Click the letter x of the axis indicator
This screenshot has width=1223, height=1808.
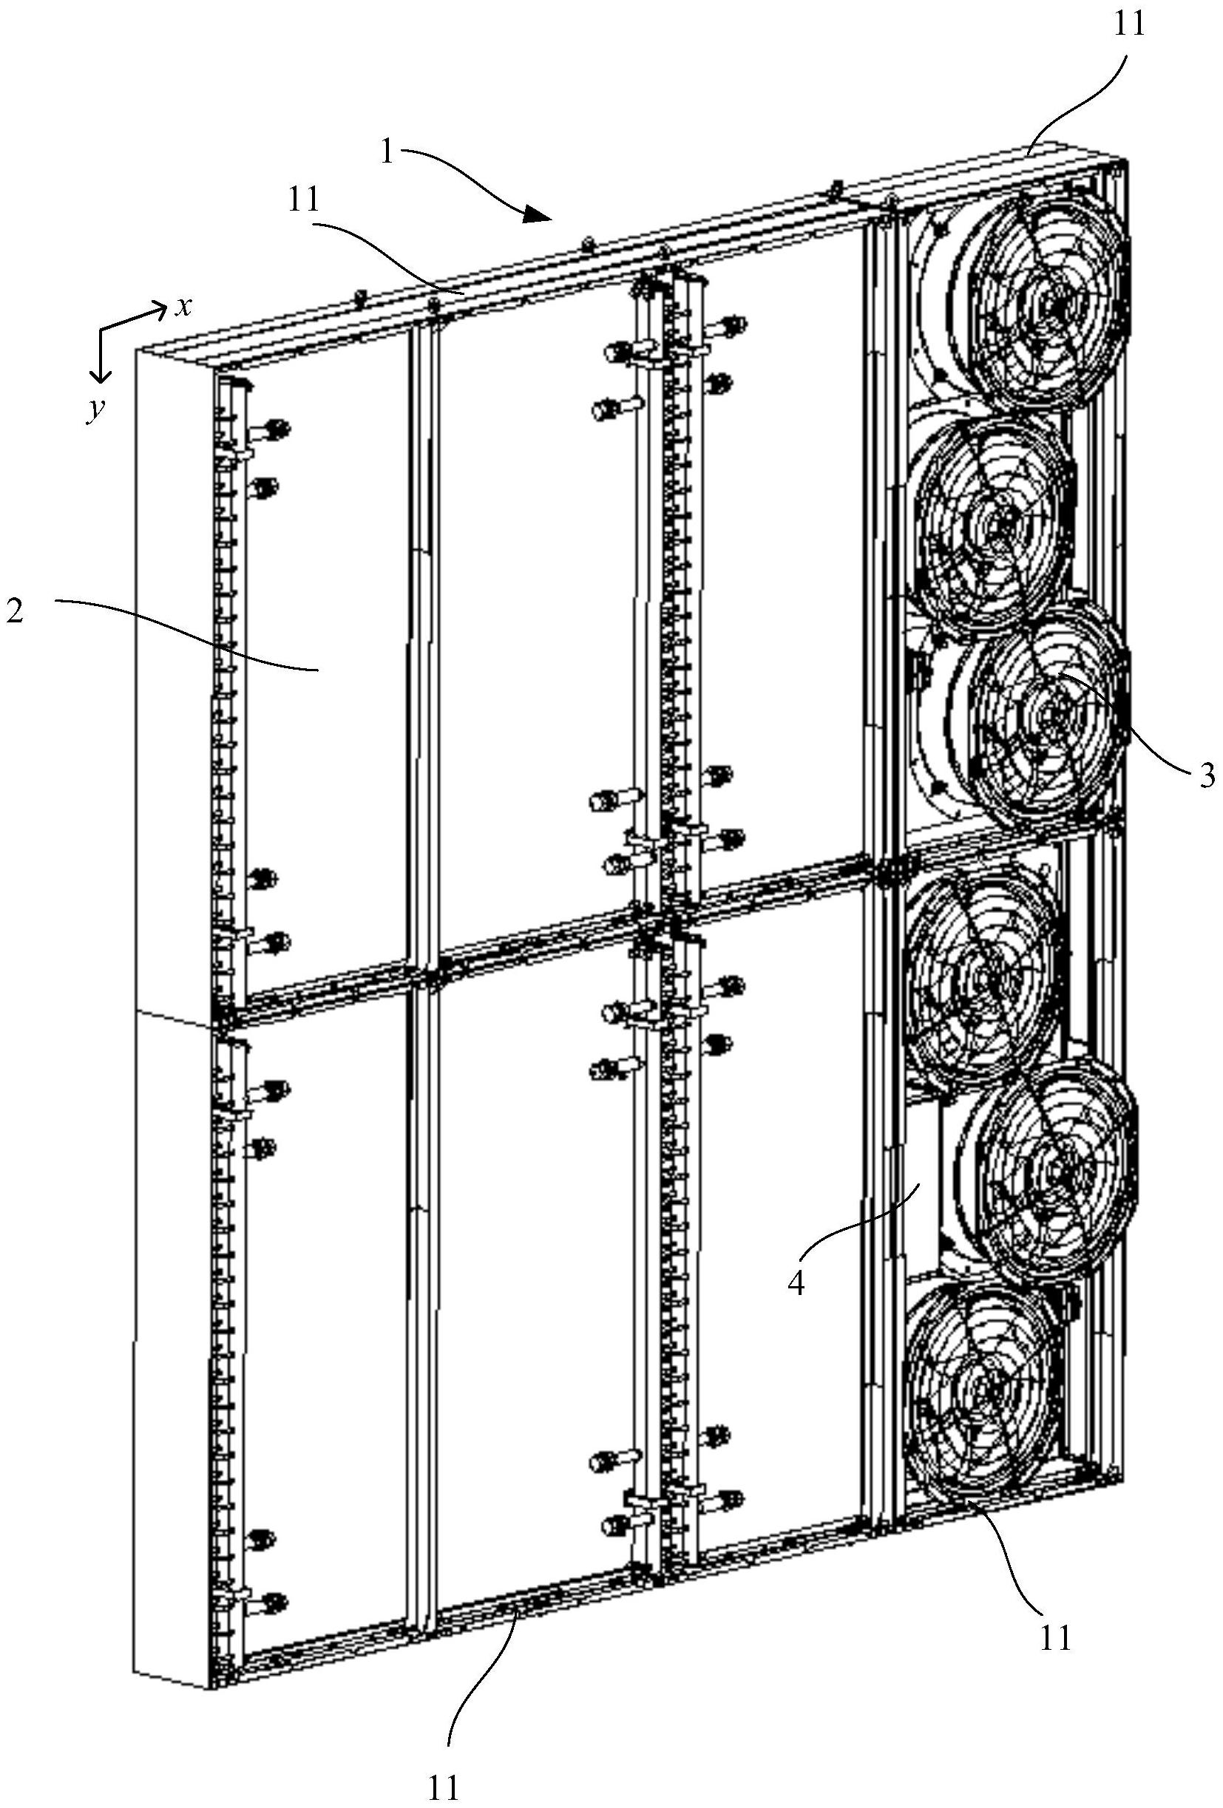pyautogui.click(x=183, y=308)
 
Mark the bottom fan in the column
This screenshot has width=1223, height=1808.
pyautogui.click(x=980, y=1390)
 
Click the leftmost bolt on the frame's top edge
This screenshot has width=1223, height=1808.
pyautogui.click(x=360, y=296)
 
